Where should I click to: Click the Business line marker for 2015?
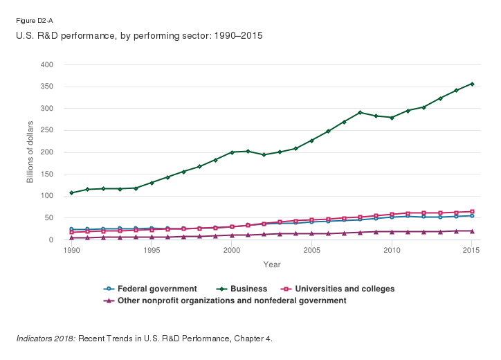click(472, 84)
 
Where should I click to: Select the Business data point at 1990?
click(71, 192)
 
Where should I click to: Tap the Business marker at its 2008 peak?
click(360, 112)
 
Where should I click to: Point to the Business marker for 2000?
click(232, 152)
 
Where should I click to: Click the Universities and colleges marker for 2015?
click(472, 212)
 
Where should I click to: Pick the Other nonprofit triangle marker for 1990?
click(71, 237)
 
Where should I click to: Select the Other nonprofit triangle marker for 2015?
click(472, 231)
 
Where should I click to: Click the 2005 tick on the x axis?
click(312, 250)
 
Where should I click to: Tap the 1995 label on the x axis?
click(152, 250)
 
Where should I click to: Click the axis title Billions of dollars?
click(30, 152)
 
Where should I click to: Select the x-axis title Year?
click(271, 264)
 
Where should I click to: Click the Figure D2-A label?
click(32, 21)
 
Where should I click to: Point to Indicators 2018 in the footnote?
click(46, 339)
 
